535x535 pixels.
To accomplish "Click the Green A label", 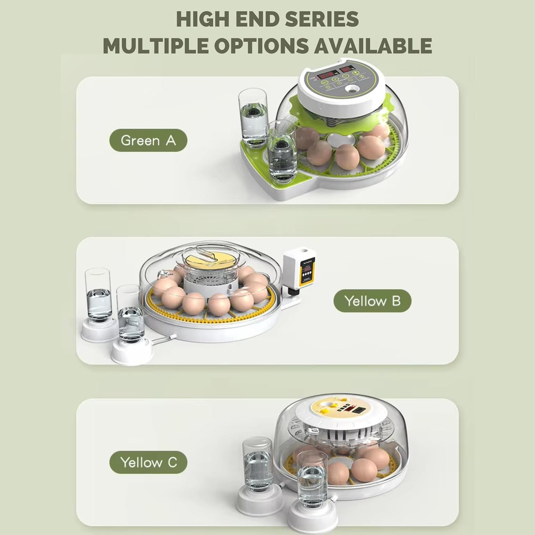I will pyautogui.click(x=148, y=141).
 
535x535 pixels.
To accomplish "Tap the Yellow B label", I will pyautogui.click(x=372, y=301).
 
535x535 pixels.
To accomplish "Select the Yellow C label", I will pyautogui.click(x=148, y=462).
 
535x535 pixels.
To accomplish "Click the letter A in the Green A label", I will pyautogui.click(x=170, y=141).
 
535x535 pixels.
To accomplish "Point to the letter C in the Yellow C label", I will pyautogui.click(x=172, y=462).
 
